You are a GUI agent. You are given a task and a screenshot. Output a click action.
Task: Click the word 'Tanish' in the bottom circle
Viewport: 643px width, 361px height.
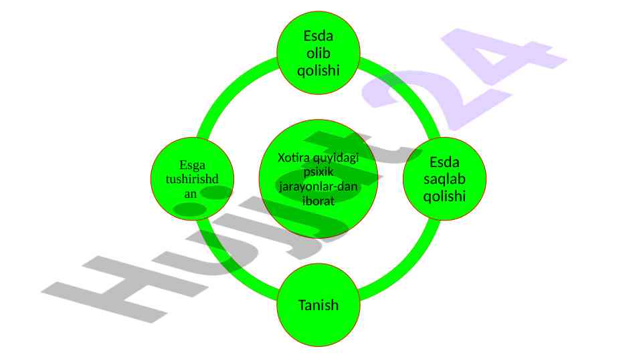click(x=318, y=306)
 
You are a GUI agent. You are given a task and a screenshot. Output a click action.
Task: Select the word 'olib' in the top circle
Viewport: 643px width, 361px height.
click(x=318, y=52)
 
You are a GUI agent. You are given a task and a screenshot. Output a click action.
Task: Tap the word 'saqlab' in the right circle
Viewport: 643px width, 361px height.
click(x=444, y=179)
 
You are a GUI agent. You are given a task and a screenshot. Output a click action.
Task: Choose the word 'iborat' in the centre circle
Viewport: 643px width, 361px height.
click(x=318, y=200)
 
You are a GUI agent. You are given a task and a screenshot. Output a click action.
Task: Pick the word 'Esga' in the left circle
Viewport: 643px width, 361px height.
click(x=193, y=164)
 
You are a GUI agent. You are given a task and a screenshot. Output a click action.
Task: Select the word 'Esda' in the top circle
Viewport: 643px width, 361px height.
click(x=318, y=35)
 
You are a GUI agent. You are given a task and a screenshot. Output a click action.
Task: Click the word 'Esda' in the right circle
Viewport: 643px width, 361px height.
click(x=444, y=162)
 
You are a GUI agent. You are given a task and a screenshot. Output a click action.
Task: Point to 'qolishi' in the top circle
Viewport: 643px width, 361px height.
click(x=318, y=70)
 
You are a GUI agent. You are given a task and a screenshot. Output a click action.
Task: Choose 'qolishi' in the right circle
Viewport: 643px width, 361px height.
click(x=444, y=196)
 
